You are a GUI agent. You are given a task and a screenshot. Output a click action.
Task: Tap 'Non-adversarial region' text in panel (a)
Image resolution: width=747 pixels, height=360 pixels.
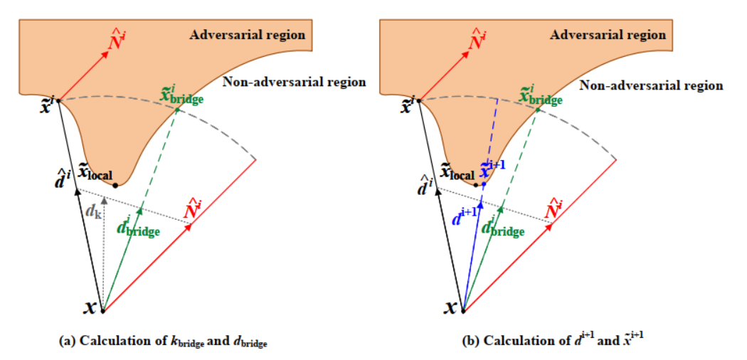point(295,82)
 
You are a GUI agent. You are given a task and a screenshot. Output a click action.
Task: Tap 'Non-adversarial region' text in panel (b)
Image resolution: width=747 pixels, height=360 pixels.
point(652,85)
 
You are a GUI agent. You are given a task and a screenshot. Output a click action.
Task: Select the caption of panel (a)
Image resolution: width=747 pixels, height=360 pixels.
point(166,342)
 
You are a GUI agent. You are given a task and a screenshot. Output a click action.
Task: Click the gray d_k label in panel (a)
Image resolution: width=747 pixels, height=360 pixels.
point(92,211)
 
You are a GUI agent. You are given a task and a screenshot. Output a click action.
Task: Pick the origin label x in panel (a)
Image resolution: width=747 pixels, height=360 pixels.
point(90,308)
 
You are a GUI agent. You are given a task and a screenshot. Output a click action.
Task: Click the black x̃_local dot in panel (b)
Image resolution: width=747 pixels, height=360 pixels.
point(476,185)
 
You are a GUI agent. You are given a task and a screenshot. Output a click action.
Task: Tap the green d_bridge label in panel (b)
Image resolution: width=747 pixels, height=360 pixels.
point(504,227)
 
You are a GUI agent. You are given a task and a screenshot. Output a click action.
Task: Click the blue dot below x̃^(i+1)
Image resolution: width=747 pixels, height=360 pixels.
point(483,185)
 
